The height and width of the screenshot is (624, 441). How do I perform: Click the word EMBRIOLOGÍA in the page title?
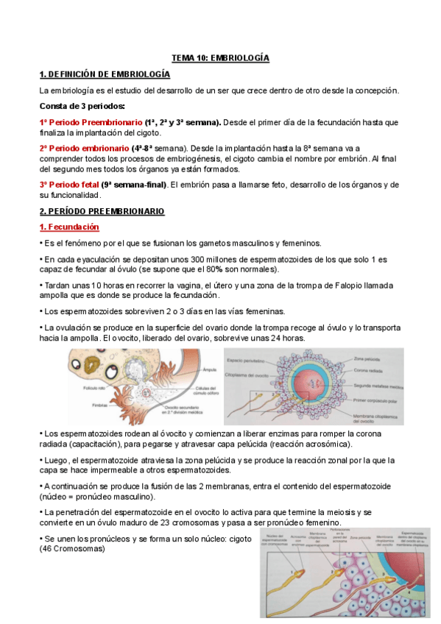tap(240, 57)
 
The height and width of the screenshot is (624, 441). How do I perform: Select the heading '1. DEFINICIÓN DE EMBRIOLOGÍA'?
tap(105, 74)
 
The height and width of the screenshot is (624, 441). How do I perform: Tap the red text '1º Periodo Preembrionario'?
tap(91, 122)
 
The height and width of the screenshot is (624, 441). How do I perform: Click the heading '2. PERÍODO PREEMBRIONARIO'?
tap(102, 212)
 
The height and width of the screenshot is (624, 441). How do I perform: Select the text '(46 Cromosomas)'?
tap(72, 548)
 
